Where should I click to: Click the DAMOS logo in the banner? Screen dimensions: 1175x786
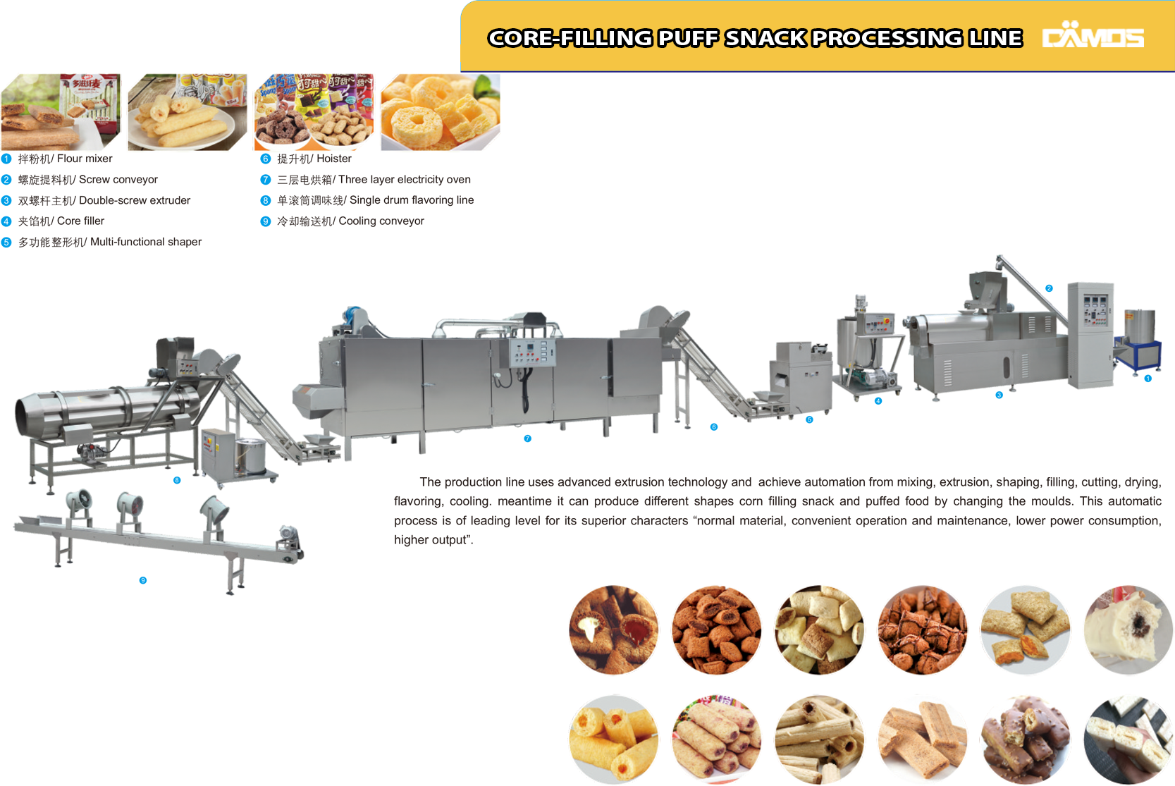tap(1093, 36)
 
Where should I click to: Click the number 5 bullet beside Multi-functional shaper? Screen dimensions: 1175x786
tap(6, 242)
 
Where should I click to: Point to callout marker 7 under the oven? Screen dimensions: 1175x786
tap(528, 438)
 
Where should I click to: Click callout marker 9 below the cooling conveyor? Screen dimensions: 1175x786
tap(142, 580)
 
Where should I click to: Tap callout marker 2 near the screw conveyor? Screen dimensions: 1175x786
tap(1049, 288)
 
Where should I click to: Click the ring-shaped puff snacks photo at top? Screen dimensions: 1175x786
tap(440, 112)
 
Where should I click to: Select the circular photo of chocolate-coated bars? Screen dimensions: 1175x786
tap(1024, 739)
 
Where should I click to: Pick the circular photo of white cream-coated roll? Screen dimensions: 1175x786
tap(1129, 630)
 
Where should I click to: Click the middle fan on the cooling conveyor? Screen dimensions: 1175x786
tap(129, 504)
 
